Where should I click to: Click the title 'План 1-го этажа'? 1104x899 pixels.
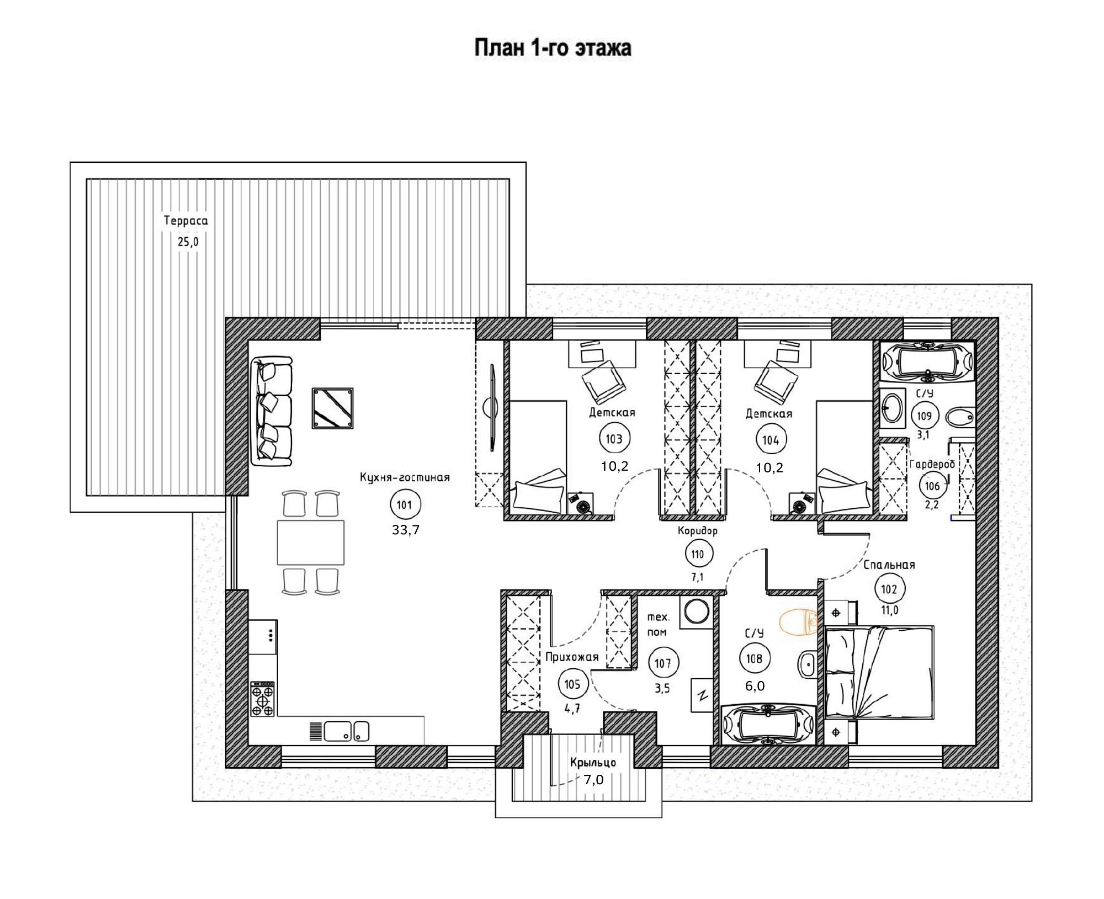click(x=553, y=49)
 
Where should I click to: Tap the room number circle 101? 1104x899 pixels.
click(x=405, y=504)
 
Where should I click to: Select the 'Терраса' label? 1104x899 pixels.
click(x=185, y=221)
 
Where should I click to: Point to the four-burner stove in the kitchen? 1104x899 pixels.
click(x=263, y=699)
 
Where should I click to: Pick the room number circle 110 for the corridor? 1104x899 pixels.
click(x=698, y=554)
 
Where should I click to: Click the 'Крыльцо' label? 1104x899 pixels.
click(x=593, y=763)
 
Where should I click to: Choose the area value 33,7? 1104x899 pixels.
click(x=406, y=530)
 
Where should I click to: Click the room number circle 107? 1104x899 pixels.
click(x=663, y=663)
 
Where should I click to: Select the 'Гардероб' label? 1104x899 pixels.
click(x=932, y=464)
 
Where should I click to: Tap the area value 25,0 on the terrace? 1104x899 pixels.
click(x=188, y=242)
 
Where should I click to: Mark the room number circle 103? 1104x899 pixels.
click(x=614, y=440)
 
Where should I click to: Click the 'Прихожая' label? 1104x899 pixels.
click(x=572, y=657)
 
